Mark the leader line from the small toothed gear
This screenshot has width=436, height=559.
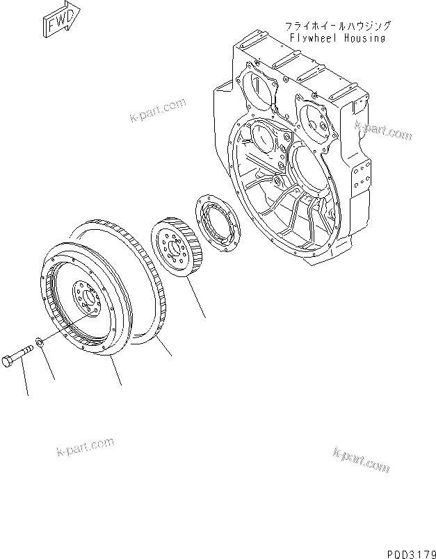[x=195, y=299]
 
